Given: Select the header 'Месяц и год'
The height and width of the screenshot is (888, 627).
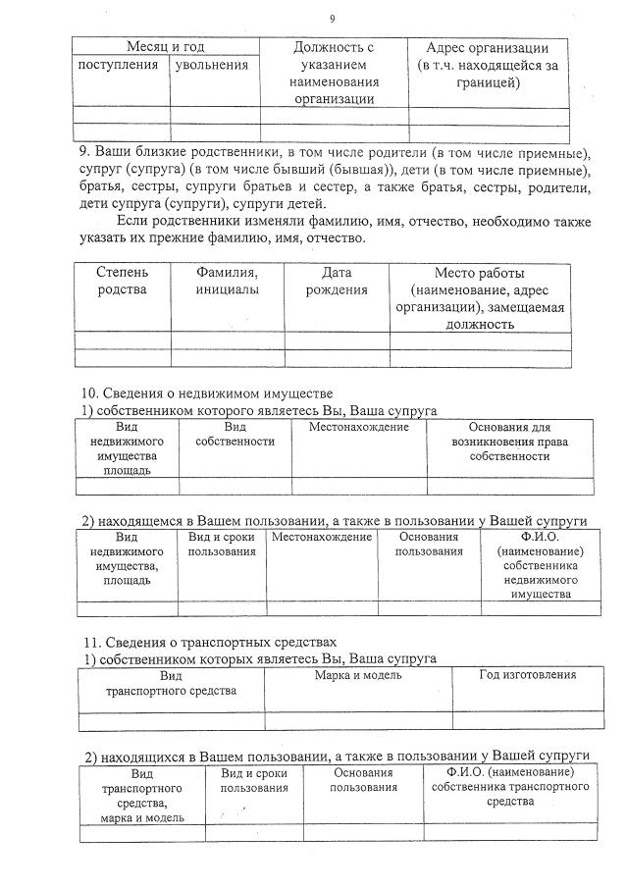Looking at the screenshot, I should tap(167, 47).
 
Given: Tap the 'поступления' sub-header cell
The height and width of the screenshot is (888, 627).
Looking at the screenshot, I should tap(119, 65).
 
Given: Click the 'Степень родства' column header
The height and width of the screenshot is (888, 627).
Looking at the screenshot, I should tap(122, 281).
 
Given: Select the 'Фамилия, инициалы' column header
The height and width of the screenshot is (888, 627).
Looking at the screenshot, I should tap(227, 281).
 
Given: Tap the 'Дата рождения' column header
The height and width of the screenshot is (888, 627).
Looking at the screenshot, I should tap(337, 281).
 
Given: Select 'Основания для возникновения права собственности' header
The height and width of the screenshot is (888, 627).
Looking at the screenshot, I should tap(509, 442).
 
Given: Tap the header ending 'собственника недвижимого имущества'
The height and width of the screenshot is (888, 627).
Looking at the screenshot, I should tap(540, 565).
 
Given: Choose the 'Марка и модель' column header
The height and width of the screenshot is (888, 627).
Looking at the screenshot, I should tap(357, 675).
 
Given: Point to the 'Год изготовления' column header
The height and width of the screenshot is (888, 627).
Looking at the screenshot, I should tap(527, 675).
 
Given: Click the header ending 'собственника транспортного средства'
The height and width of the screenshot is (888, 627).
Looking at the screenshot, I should tap(509, 787).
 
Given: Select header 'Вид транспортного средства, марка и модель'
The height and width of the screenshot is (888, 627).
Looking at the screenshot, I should tap(141, 795).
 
